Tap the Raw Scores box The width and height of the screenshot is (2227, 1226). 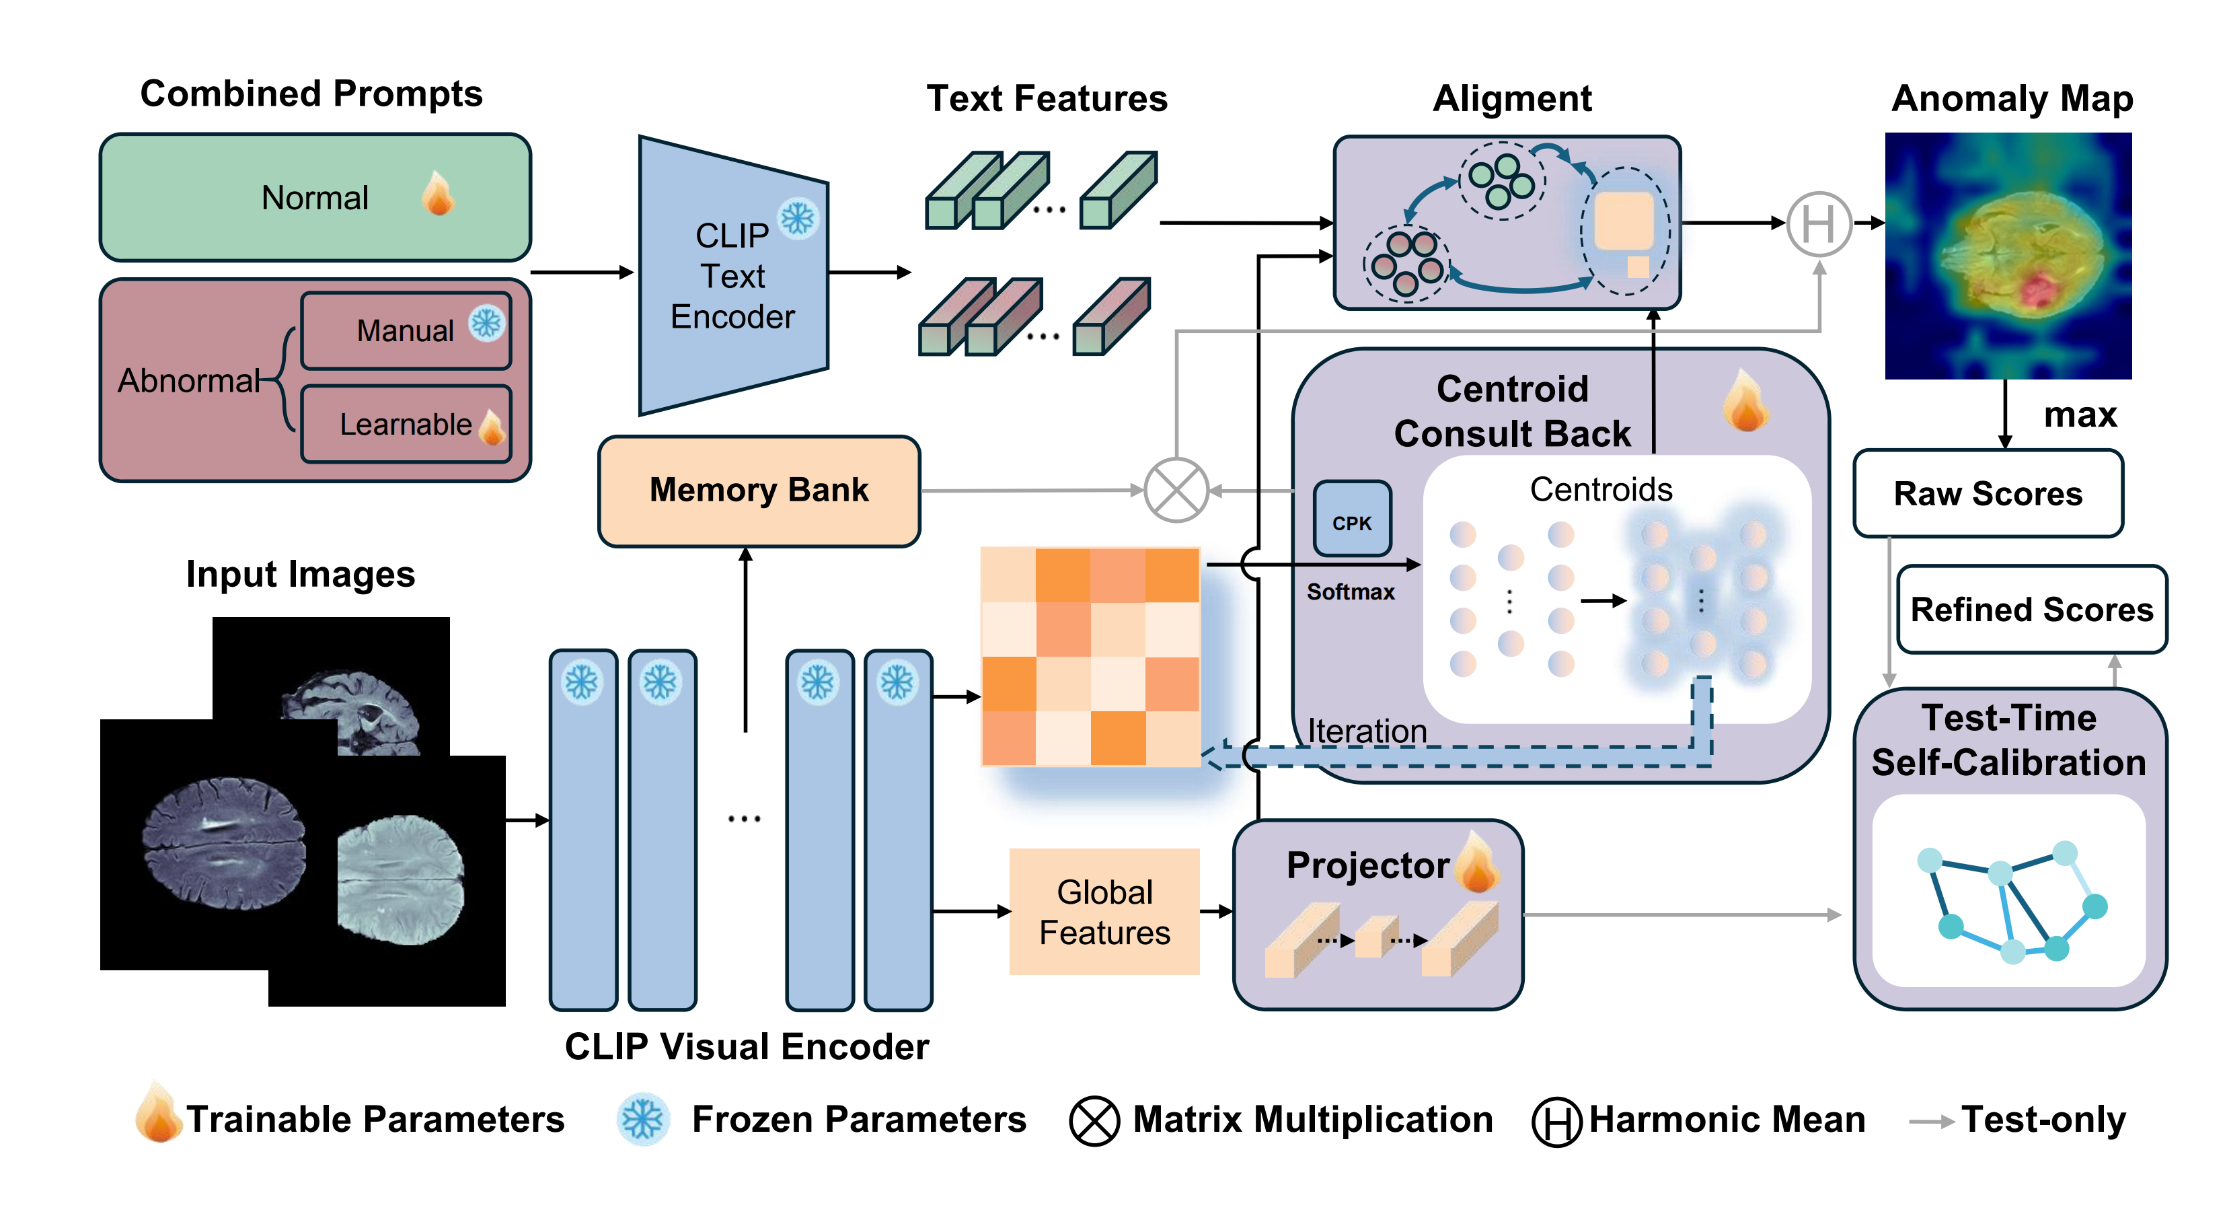[1988, 494]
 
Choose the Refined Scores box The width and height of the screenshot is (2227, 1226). [2031, 610]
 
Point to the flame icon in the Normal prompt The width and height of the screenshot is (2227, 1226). [439, 194]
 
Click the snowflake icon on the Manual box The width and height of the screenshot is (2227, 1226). [487, 324]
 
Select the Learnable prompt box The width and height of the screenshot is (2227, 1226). [406, 424]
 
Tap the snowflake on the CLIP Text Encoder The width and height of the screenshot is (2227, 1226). [797, 219]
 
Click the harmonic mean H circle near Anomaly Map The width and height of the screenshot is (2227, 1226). [1818, 224]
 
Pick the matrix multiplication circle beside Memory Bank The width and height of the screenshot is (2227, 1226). [1176, 491]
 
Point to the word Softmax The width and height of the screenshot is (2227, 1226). [1351, 592]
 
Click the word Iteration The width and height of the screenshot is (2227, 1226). [1366, 731]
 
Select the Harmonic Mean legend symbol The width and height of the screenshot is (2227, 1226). [1556, 1122]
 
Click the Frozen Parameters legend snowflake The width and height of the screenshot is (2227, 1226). [642, 1120]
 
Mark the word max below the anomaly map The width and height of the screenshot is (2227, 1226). [2079, 416]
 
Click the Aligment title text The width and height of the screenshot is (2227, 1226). [1511, 98]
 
